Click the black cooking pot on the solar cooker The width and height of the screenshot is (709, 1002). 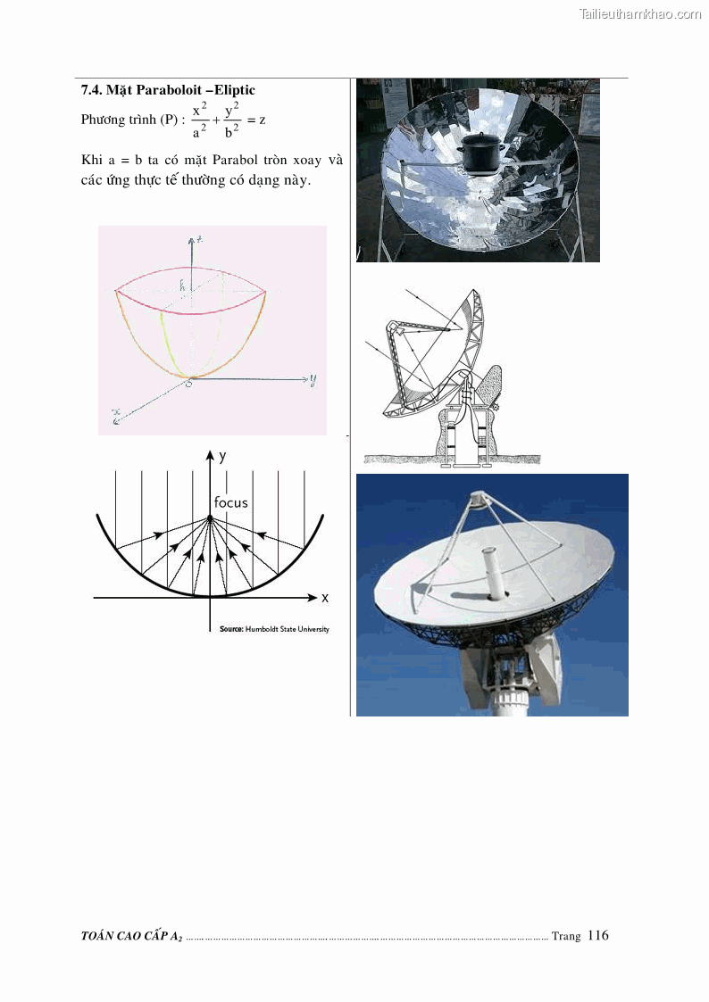tap(480, 154)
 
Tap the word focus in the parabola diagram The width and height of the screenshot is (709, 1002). tap(230, 502)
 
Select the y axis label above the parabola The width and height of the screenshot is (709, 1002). tap(221, 456)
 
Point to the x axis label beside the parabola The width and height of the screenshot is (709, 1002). tap(325, 598)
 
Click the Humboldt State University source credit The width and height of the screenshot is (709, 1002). tap(274, 629)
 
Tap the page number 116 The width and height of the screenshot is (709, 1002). tap(597, 936)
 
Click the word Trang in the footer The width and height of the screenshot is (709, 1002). tap(566, 936)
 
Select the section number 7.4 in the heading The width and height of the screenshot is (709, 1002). tap(91, 90)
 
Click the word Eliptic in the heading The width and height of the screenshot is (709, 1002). tap(235, 90)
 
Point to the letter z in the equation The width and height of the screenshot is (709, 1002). tap(263, 120)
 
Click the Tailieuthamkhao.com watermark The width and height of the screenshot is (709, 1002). tap(640, 14)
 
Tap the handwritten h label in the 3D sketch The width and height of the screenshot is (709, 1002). tap(182, 285)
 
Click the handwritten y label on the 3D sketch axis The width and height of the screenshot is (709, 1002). tap(313, 380)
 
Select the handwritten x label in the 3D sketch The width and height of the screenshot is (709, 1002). tap(116, 417)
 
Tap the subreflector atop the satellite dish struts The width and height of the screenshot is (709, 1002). tap(479, 499)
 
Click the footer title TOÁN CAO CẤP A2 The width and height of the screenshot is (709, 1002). tap(131, 936)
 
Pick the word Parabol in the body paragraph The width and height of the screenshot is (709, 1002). tap(235, 160)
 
